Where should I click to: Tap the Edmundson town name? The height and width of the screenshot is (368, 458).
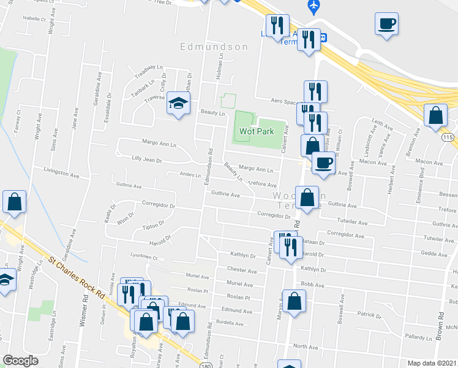[x=214, y=47]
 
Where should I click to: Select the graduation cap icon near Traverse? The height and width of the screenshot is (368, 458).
[x=178, y=104]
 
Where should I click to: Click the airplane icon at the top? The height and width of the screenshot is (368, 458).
[x=314, y=6]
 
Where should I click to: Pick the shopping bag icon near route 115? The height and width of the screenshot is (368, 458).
[x=435, y=115]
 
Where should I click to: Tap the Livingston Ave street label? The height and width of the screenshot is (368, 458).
[x=61, y=174]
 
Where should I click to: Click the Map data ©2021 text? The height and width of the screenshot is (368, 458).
[x=432, y=362]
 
